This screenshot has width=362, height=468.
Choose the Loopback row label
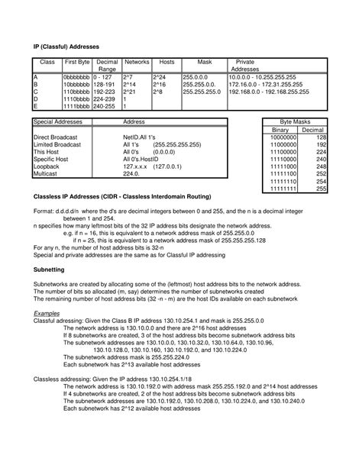(x=47, y=166)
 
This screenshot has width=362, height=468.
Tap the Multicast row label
(x=47, y=173)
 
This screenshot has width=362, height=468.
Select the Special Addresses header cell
(x=57, y=122)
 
